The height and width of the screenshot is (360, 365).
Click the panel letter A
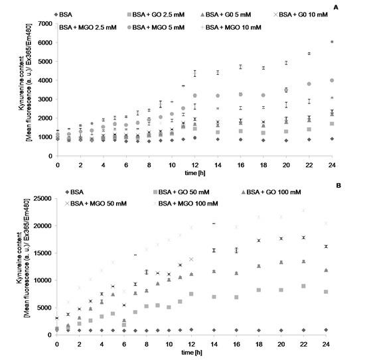(356, 7)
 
